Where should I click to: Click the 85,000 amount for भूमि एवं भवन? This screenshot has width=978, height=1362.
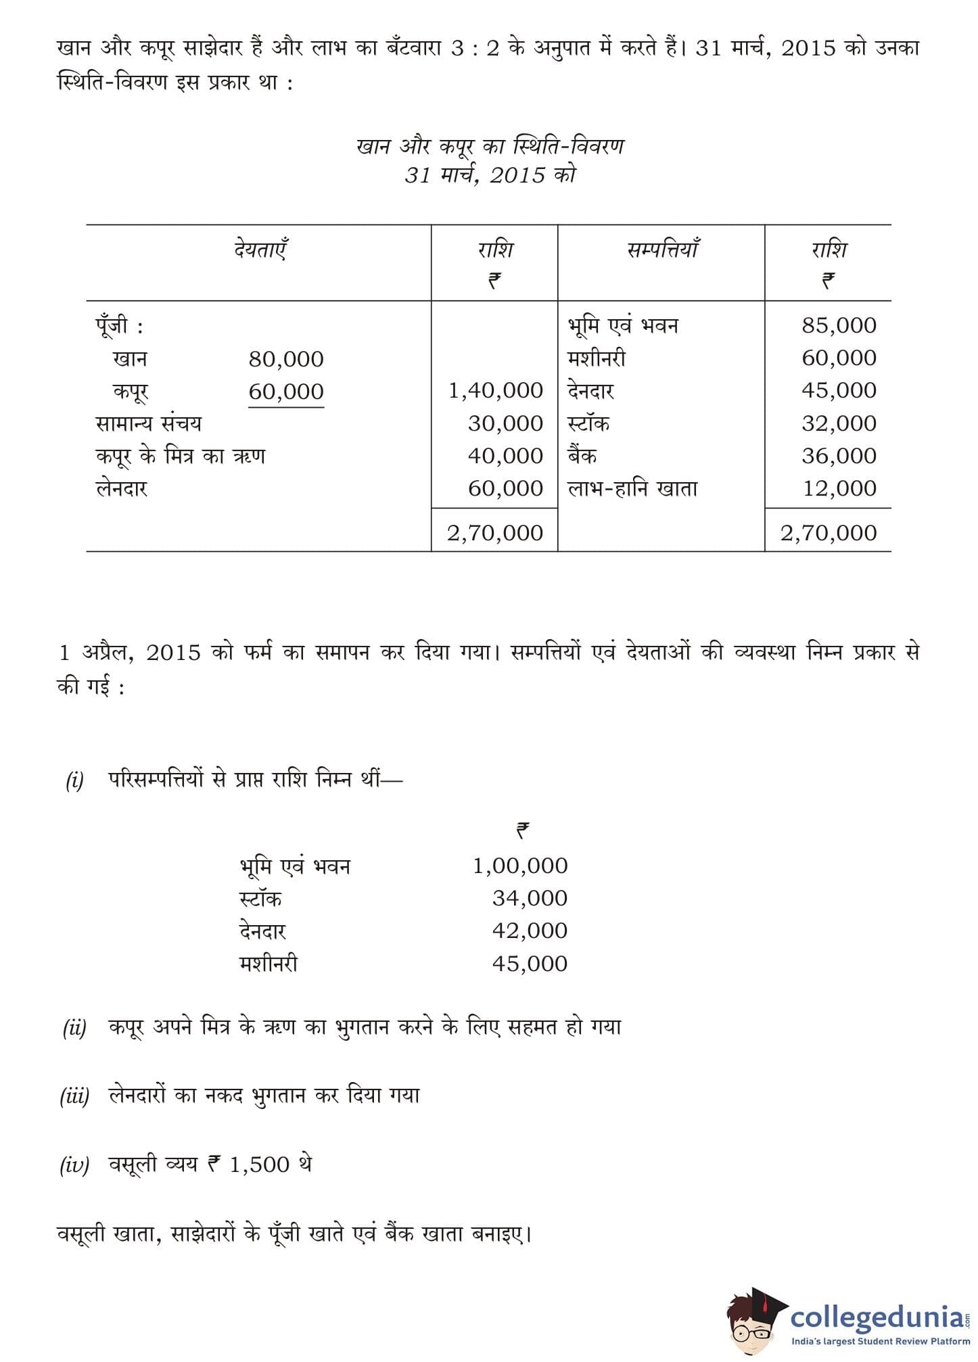click(x=839, y=325)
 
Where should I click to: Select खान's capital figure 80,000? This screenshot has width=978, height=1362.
click(x=286, y=358)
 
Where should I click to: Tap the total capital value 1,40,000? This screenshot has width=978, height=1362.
click(x=496, y=390)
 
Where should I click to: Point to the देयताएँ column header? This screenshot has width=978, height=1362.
click(x=261, y=250)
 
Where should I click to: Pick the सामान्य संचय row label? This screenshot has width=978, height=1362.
click(x=149, y=423)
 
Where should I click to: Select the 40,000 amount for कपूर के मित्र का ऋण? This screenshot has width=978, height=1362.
click(x=505, y=456)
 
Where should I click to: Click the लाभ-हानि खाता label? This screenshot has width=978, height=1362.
click(x=632, y=488)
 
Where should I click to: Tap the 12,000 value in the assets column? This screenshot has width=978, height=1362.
click(x=839, y=488)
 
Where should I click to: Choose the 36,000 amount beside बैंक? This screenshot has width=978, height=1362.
click(x=839, y=456)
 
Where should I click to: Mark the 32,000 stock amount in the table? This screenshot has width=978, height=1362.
click(x=839, y=423)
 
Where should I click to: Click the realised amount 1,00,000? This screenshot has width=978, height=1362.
click(x=520, y=866)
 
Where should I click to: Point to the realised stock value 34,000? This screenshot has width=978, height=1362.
click(x=530, y=898)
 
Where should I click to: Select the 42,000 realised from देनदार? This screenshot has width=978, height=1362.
click(x=530, y=931)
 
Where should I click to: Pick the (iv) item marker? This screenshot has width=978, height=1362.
click(x=74, y=1165)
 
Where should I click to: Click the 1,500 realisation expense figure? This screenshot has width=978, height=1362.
click(x=259, y=1165)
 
